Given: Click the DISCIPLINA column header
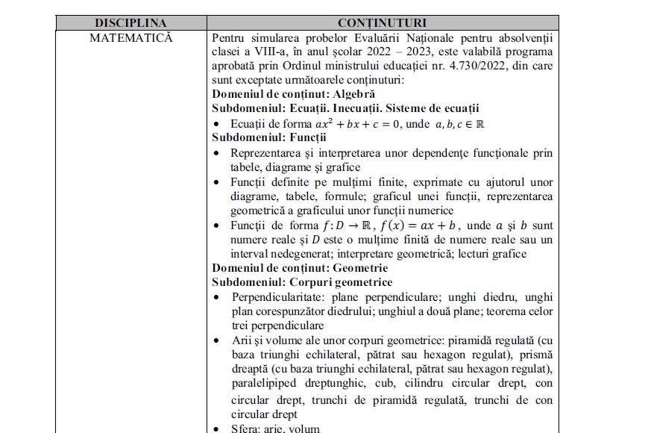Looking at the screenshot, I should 130,23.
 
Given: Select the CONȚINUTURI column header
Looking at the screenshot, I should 382,23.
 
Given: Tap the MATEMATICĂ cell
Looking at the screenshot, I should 130,37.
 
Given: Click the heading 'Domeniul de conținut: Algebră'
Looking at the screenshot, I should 293,95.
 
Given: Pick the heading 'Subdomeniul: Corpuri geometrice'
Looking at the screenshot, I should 302,282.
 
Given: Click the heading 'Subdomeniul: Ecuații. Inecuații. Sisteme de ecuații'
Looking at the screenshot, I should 345,109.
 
